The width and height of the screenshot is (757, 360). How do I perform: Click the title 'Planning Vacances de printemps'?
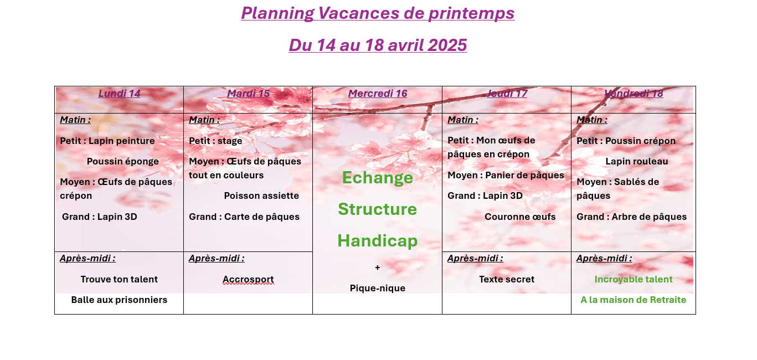pyautogui.click(x=378, y=13)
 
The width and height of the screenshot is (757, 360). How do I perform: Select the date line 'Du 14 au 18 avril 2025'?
pyautogui.click(x=378, y=45)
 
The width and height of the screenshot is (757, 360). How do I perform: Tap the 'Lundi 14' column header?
pyautogui.click(x=119, y=94)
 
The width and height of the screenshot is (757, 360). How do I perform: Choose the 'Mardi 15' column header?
pyautogui.click(x=249, y=94)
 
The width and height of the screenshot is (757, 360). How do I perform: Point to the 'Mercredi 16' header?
pyautogui.click(x=378, y=94)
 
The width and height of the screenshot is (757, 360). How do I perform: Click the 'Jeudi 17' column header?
pyautogui.click(x=507, y=94)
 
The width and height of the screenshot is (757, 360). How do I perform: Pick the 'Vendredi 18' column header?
pyautogui.click(x=634, y=94)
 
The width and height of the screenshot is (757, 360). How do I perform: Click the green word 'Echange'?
pyautogui.click(x=378, y=178)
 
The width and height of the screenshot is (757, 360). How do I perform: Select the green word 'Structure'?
pyautogui.click(x=378, y=209)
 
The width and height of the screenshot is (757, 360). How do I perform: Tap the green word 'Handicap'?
pyautogui.click(x=378, y=241)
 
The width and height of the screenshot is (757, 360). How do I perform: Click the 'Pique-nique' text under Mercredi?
pyautogui.click(x=378, y=289)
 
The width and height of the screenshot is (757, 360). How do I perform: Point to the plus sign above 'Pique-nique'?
pyautogui.click(x=378, y=268)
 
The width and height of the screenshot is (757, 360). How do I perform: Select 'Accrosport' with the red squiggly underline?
pyautogui.click(x=249, y=280)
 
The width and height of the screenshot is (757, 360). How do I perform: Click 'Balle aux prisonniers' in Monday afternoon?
pyautogui.click(x=119, y=300)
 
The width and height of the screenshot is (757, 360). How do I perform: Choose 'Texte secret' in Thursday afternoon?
pyautogui.click(x=507, y=280)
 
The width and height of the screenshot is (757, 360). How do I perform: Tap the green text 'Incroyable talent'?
pyautogui.click(x=634, y=280)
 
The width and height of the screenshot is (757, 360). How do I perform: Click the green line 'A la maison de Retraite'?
pyautogui.click(x=634, y=300)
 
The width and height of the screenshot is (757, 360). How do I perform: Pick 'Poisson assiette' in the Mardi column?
pyautogui.click(x=261, y=196)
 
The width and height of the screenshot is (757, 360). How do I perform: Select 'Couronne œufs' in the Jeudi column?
pyautogui.click(x=520, y=217)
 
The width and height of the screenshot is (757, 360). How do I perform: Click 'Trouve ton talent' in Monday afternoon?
pyautogui.click(x=119, y=280)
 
